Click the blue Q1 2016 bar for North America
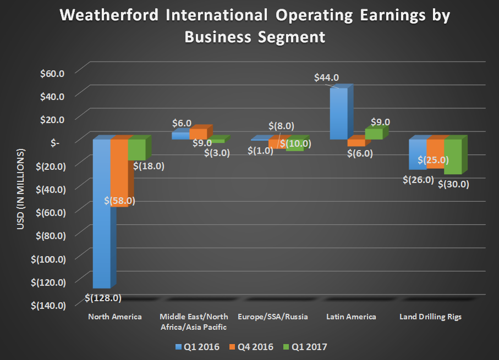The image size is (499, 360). (101, 220)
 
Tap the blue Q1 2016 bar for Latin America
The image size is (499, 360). (338, 113)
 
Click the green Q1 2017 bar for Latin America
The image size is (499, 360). (374, 134)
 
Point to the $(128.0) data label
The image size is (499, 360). (103, 298)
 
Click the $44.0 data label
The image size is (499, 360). (326, 78)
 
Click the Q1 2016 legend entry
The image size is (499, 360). (196, 347)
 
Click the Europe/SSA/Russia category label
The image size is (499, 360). (272, 317)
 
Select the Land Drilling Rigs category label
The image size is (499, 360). (432, 317)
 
